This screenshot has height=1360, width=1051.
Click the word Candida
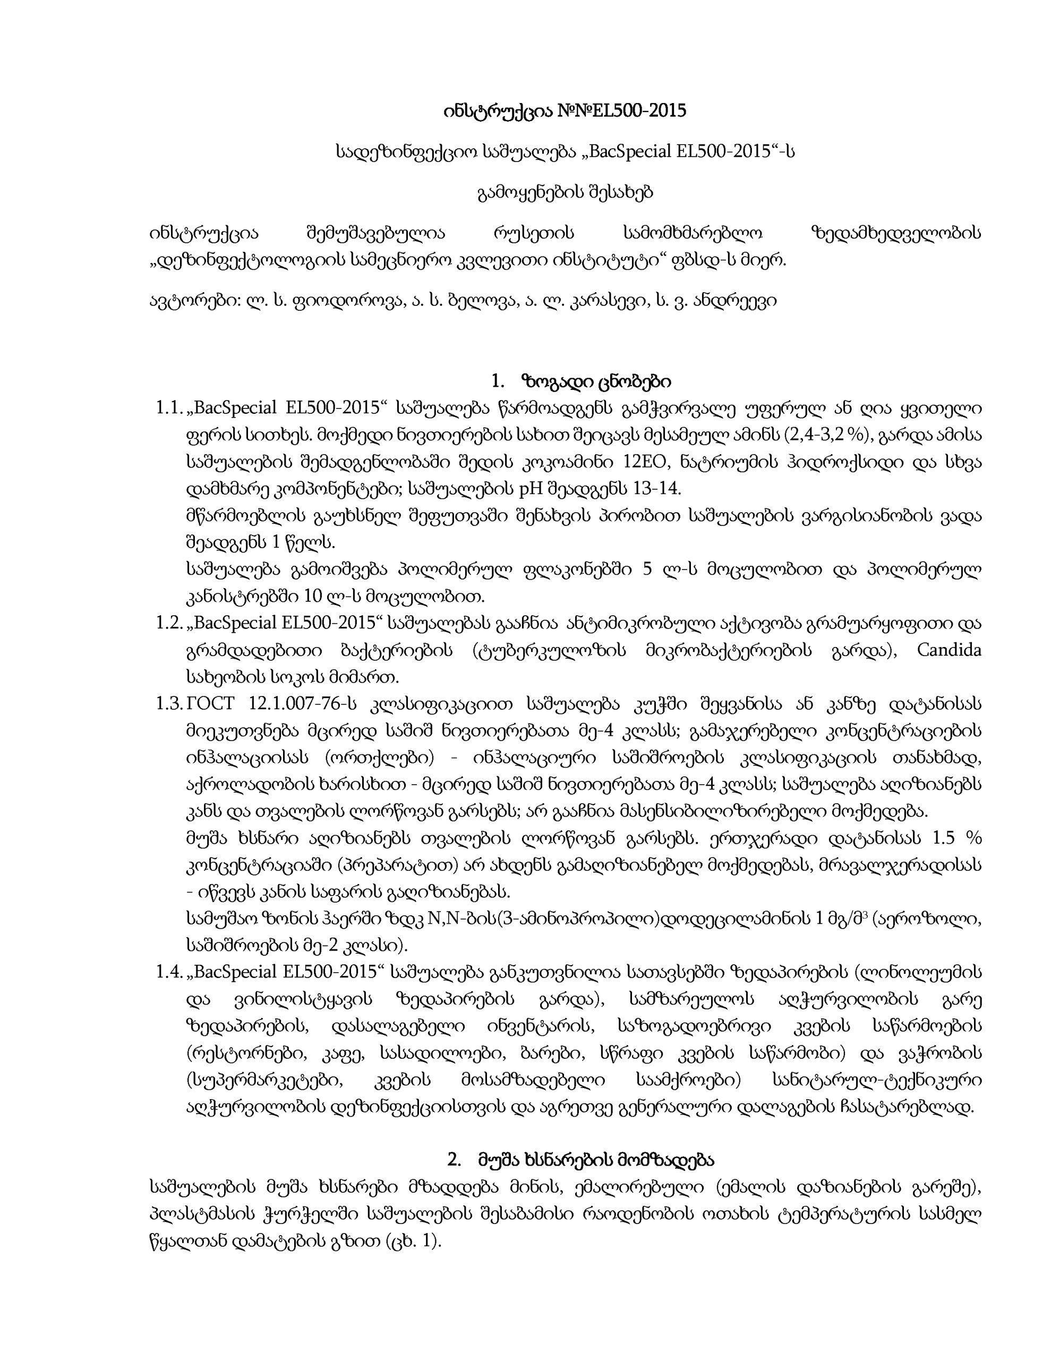coord(949,650)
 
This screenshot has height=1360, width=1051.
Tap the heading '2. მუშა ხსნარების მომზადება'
coord(580,1161)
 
